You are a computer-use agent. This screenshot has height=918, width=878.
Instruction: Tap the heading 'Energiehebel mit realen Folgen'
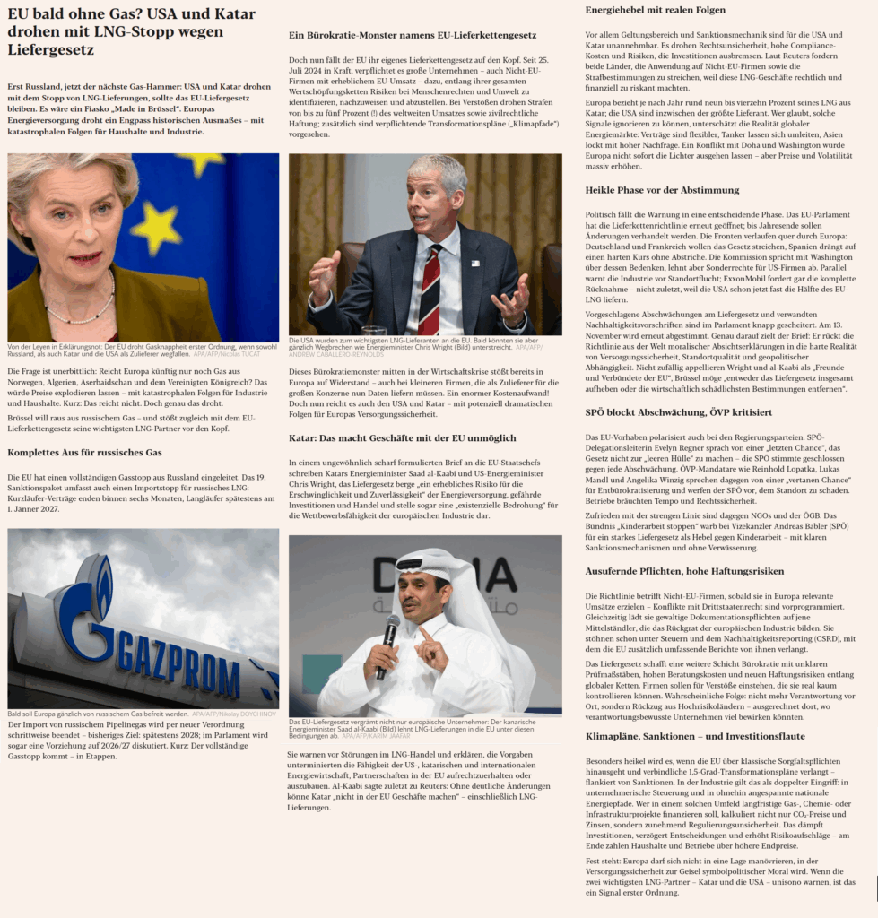[655, 10]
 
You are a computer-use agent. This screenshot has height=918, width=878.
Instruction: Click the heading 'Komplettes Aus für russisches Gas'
[84, 453]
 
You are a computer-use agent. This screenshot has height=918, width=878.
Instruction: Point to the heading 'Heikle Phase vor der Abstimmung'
[662, 190]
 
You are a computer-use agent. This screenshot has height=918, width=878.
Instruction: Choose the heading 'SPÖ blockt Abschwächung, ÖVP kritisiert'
[678, 412]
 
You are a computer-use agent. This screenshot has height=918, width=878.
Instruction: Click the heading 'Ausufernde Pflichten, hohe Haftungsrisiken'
[684, 571]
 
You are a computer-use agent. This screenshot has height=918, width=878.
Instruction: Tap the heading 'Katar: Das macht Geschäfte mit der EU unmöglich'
[402, 437]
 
